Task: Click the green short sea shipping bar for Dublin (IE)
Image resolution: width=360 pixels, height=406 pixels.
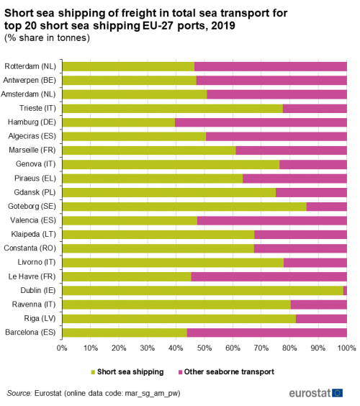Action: point(203,291)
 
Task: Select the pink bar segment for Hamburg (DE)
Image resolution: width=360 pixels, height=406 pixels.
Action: point(261,122)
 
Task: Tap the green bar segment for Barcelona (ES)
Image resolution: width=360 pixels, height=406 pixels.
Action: point(125,333)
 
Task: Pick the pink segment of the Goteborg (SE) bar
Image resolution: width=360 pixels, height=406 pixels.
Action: point(327,207)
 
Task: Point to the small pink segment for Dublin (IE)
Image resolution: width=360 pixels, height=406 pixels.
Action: point(345,291)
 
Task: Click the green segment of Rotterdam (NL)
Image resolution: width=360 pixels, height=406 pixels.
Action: point(128,66)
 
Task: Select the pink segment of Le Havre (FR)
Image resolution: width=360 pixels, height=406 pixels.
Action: point(269,277)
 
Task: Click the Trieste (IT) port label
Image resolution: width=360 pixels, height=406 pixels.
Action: point(38,108)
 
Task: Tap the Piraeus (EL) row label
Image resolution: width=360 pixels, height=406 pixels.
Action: point(35,179)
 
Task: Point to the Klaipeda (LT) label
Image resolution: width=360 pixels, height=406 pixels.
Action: point(33,235)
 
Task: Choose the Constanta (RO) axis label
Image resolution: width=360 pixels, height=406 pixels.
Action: point(30,248)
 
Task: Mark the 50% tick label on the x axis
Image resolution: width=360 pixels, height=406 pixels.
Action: point(204,348)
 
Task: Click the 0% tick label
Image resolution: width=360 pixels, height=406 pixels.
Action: point(62,348)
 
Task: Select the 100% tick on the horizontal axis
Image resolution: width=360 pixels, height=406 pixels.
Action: point(346,348)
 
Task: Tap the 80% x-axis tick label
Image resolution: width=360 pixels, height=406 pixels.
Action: point(289,348)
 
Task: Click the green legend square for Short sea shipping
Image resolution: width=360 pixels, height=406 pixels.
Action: point(93,372)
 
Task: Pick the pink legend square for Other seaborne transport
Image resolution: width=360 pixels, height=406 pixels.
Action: point(180,372)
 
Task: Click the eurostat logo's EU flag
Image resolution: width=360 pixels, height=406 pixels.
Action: point(337,393)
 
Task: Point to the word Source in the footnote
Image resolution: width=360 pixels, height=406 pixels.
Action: point(19,393)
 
